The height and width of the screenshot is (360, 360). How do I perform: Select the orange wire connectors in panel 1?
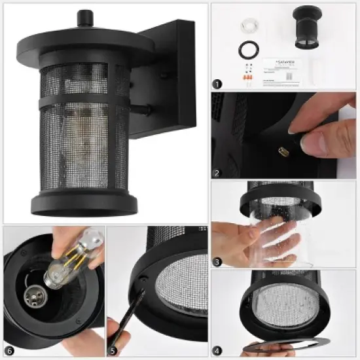click(247, 77)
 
